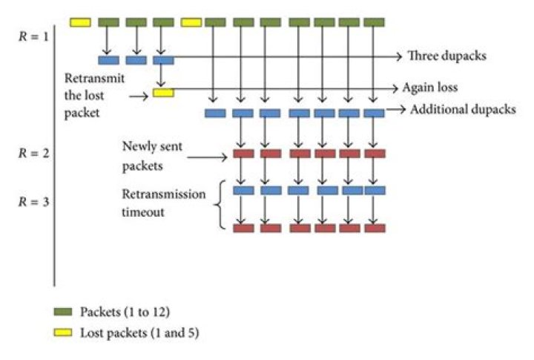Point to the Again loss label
(x=430, y=88)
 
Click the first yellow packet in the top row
(x=80, y=22)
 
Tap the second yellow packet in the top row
(x=191, y=22)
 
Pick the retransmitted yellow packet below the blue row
(x=163, y=93)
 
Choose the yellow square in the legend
(x=63, y=333)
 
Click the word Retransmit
(x=93, y=77)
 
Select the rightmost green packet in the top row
(x=375, y=22)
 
